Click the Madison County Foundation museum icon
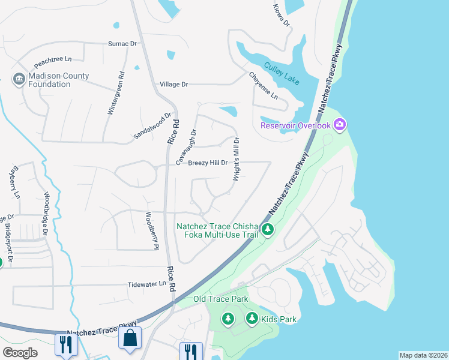pyautogui.click(x=19, y=79)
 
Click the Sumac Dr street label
pyautogui.click(x=122, y=44)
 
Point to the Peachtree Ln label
pyautogui.click(x=53, y=60)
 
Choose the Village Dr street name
pyautogui.click(x=173, y=85)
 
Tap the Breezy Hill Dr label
pyautogui.click(x=208, y=163)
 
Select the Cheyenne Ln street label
pyautogui.click(x=264, y=85)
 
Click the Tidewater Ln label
pyautogui.click(x=146, y=284)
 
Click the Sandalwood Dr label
pyautogui.click(x=152, y=126)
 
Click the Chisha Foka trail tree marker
pyautogui.click(x=268, y=229)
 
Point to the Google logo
pyautogui.click(x=20, y=353)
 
